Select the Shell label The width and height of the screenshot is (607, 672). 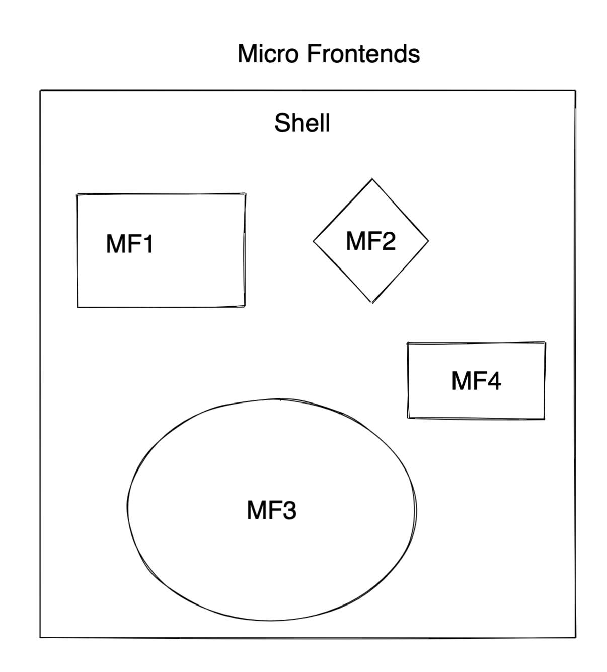302,123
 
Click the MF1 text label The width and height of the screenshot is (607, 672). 129,244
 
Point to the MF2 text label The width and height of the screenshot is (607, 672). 371,241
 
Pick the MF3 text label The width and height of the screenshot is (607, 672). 271,510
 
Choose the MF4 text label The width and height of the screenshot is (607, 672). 476,380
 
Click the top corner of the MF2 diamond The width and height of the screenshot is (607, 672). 372,179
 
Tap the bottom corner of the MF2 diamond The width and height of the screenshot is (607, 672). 372,303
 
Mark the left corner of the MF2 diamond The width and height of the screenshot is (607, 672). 314,241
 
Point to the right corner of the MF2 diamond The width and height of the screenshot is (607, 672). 428,241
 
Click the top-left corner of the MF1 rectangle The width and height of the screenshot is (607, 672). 77,194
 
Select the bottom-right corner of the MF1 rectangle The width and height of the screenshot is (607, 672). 245,306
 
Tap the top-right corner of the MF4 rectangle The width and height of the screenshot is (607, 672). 545,343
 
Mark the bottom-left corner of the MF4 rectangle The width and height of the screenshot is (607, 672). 408,418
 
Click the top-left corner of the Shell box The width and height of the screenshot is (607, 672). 41,91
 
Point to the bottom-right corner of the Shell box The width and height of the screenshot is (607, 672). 575,638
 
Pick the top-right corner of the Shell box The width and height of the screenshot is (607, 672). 575,91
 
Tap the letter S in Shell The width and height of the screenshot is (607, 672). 282,123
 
